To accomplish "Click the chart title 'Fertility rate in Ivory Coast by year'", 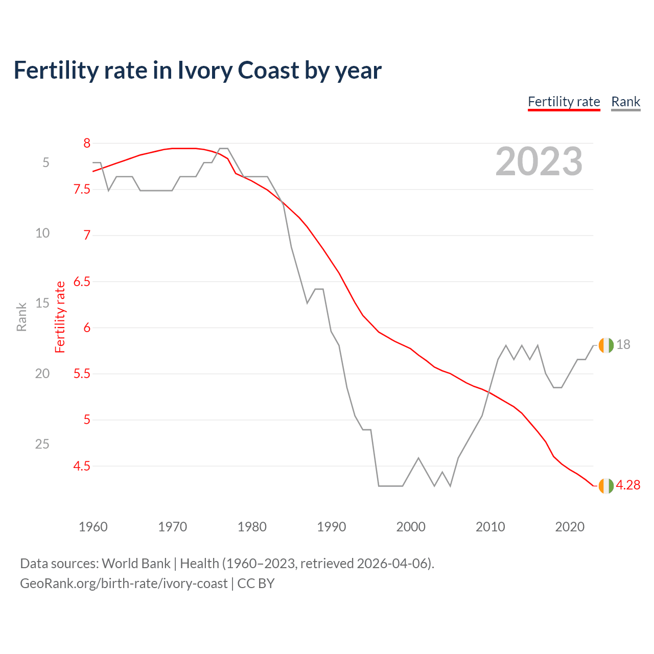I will tap(197, 71).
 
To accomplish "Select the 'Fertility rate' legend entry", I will tap(564, 102).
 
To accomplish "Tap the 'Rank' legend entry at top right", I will tap(625, 102).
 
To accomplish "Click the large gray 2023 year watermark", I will tap(539, 161).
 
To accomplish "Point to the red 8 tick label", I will tap(87, 143).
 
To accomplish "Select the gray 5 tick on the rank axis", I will tap(46, 162).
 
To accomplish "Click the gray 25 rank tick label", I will tap(42, 444).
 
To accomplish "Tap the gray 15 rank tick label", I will tap(42, 303).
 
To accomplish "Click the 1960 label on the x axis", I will tap(93, 527).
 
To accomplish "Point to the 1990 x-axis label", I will tap(331, 527).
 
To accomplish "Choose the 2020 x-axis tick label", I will tap(569, 527).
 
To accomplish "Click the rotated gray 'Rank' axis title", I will tap(21, 317).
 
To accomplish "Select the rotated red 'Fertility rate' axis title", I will tap(60, 317).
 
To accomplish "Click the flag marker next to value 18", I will tap(606, 345).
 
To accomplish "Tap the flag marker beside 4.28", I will tap(606, 486).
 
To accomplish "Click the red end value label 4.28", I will tap(628, 485).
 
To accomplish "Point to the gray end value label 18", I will tap(623, 345).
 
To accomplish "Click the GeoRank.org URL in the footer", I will tap(124, 583).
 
